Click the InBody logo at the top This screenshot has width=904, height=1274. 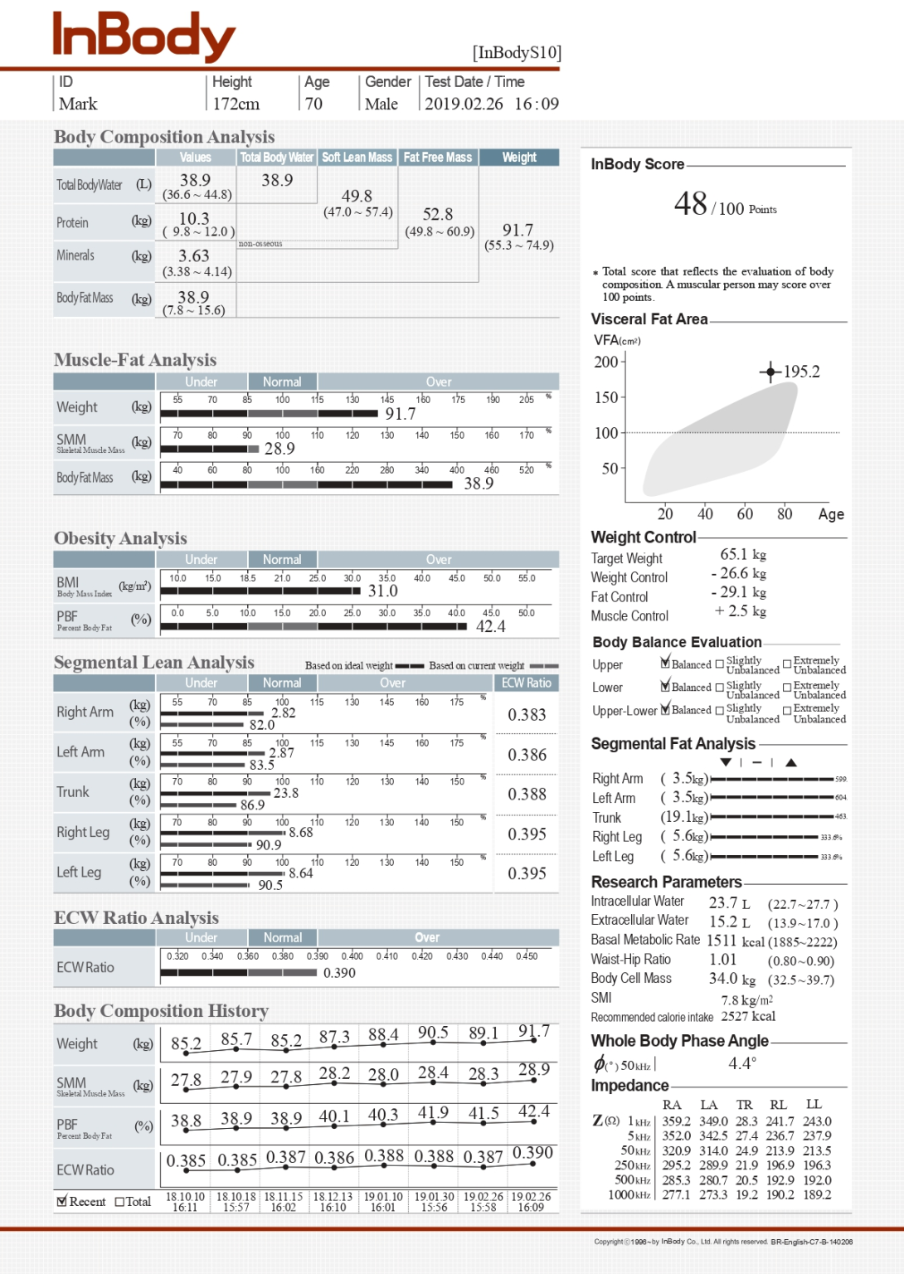point(143,36)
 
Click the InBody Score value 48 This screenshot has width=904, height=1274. point(690,204)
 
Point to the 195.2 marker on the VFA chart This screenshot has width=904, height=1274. point(770,372)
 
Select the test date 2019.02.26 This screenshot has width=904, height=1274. point(464,105)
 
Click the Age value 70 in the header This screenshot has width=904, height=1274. point(313,105)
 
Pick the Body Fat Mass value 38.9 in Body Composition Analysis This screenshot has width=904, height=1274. point(193,297)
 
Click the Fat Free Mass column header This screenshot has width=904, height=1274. point(437,158)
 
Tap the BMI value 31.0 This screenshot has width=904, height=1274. point(383,591)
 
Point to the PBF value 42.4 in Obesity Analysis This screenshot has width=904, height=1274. point(490,626)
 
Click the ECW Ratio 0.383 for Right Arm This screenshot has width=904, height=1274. point(527,715)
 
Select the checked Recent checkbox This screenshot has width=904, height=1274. point(61,1201)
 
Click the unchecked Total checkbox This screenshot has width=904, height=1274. point(119,1202)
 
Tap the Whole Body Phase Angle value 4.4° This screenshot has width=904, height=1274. point(741,1063)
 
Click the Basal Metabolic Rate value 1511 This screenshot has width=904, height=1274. point(721,941)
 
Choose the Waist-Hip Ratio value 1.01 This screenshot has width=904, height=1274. point(722,960)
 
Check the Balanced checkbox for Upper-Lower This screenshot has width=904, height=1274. point(664,710)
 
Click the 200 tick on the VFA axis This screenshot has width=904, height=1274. point(606,362)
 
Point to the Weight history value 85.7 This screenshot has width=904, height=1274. point(236,1039)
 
